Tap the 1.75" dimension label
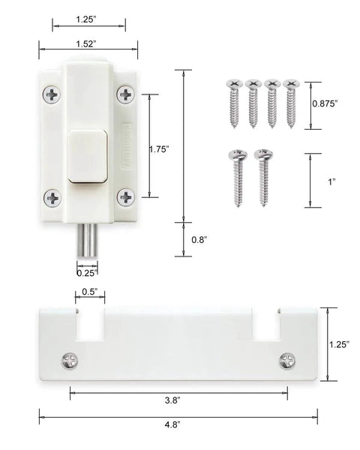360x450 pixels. [x=160, y=148]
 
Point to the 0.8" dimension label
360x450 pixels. [x=199, y=239]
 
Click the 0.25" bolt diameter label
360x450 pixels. [x=86, y=273]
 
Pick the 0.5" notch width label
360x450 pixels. [x=88, y=292]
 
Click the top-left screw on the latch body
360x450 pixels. [x=52, y=94]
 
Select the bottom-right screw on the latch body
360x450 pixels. [x=124, y=197]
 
